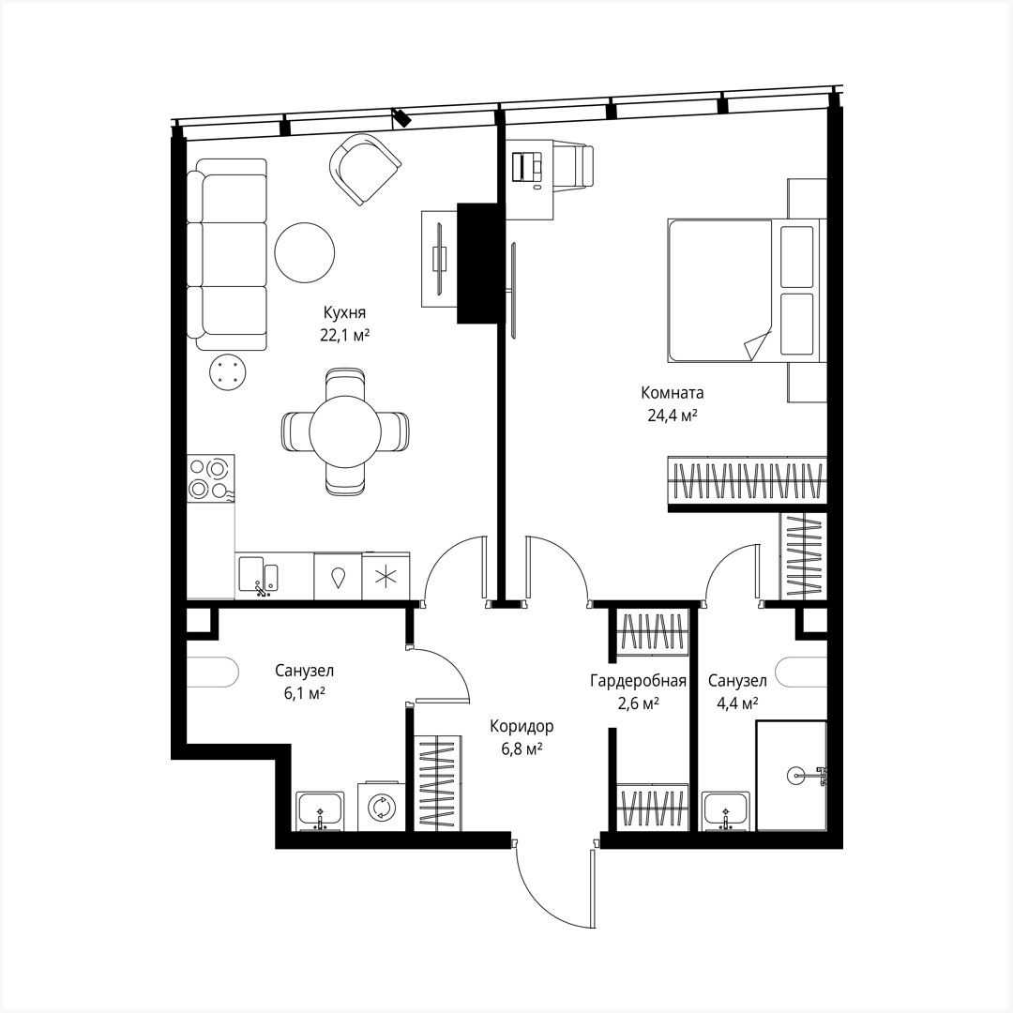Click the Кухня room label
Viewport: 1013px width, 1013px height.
coord(344,313)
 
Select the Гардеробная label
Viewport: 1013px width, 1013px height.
coord(638,681)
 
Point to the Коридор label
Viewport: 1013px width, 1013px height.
coord(522,726)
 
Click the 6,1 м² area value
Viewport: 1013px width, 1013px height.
coord(304,693)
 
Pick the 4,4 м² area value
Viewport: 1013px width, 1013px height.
coord(736,703)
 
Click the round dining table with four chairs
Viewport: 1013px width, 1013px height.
coord(345,431)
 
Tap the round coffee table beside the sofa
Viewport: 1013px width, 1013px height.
coord(304,251)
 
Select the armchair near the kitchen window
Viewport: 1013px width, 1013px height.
coord(364,167)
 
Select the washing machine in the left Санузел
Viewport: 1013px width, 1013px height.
coord(382,807)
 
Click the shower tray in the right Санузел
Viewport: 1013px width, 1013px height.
coord(791,775)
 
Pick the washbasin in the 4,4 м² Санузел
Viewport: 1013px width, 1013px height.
coord(725,809)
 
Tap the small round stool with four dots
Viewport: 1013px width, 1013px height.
coord(227,371)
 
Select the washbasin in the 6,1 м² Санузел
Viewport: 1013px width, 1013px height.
coord(321,810)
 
